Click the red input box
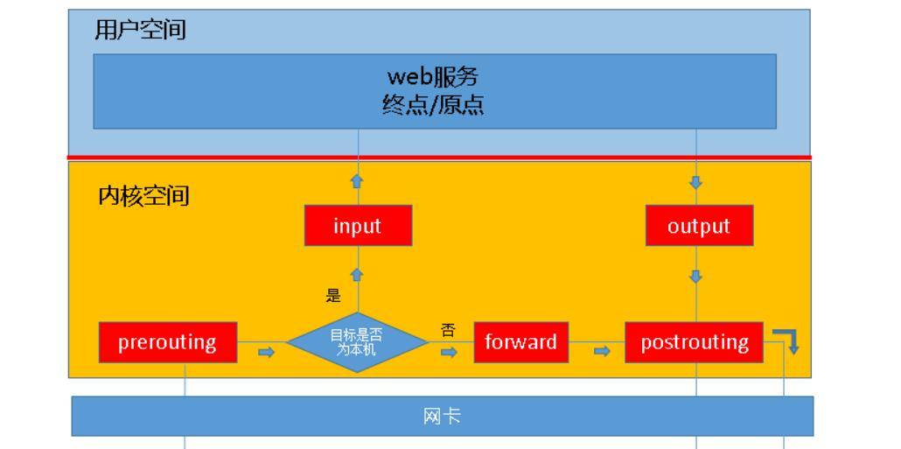[x=358, y=226]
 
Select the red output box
[x=698, y=226]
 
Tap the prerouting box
[x=167, y=341]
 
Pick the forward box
[x=520, y=341]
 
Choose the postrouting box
[x=695, y=341]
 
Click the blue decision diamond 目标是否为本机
[x=358, y=342]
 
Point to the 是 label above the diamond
[x=333, y=296]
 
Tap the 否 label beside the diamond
[x=448, y=330]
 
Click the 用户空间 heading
[x=141, y=31]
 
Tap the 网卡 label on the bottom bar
[x=442, y=417]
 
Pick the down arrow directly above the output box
[x=696, y=183]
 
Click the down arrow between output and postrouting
[x=696, y=277]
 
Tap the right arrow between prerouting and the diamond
[x=267, y=352]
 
